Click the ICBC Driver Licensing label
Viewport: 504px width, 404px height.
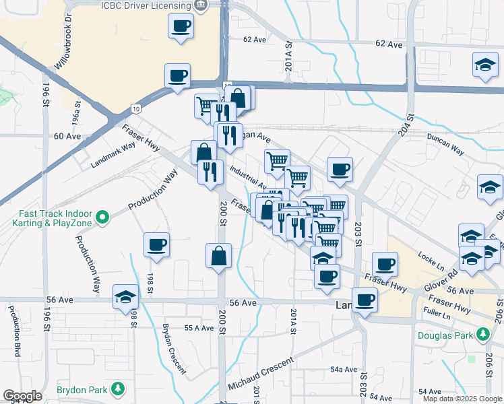(x=146, y=5)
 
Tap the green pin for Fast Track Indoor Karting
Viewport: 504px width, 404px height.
(x=102, y=217)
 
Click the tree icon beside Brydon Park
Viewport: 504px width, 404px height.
(x=118, y=389)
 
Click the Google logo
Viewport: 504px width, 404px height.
(x=22, y=397)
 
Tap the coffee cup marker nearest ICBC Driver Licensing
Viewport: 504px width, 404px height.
(x=181, y=27)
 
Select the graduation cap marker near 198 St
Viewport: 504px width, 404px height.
(x=125, y=296)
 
